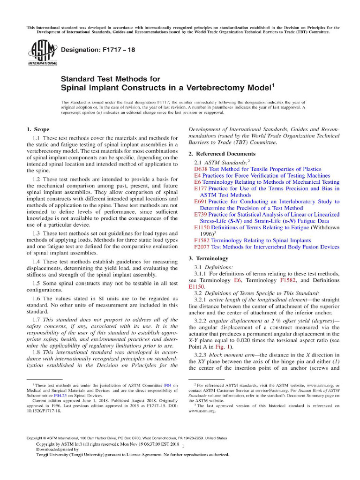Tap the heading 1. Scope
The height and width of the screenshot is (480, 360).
click(x=37, y=129)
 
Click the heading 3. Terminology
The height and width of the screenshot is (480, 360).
click(x=208, y=258)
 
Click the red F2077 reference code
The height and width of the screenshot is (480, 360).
click(x=202, y=247)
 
